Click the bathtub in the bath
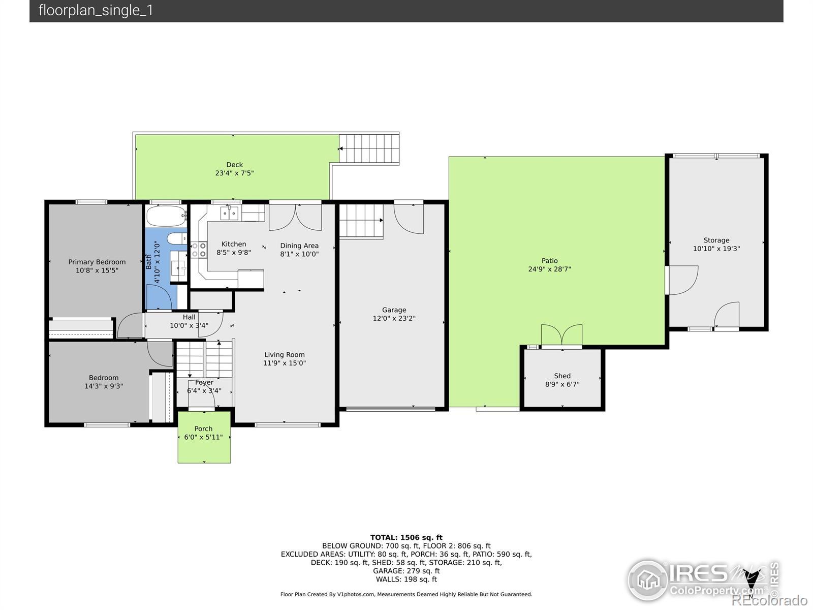click(x=166, y=216)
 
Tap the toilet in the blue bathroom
click(x=177, y=238)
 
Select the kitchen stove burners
click(x=199, y=250)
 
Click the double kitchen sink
click(x=229, y=213)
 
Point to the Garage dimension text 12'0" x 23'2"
click(x=394, y=318)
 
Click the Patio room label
click(x=549, y=261)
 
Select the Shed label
click(x=562, y=376)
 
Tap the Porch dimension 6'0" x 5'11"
click(x=203, y=437)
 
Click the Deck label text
click(x=234, y=164)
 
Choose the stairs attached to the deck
click(x=369, y=148)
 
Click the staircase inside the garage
click(x=361, y=221)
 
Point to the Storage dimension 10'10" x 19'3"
click(x=716, y=249)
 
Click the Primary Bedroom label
click(x=97, y=262)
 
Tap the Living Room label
click(x=285, y=354)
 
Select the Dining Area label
click(x=299, y=246)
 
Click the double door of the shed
click(x=561, y=335)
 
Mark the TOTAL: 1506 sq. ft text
click(x=407, y=537)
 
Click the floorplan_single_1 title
click(x=96, y=10)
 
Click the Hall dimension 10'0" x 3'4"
click(x=189, y=325)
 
